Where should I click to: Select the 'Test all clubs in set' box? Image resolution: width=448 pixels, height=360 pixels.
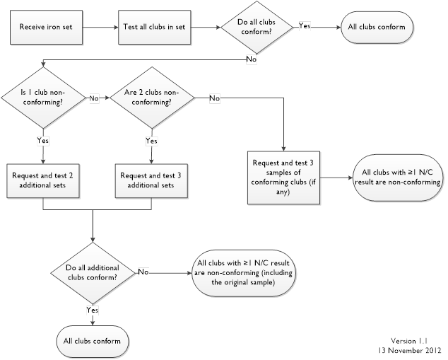pyautogui.click(x=152, y=28)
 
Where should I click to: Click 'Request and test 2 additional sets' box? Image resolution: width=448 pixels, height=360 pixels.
pyautogui.click(x=44, y=180)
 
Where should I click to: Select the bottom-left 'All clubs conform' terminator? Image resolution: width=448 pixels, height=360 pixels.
pyautogui.click(x=93, y=340)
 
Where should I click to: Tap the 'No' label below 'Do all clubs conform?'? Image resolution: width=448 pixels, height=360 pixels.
pyautogui.click(x=251, y=59)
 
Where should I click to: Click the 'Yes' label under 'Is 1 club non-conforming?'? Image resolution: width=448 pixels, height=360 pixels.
pyautogui.click(x=43, y=141)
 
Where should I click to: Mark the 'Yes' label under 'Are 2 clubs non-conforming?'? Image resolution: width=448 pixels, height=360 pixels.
pyautogui.click(x=151, y=141)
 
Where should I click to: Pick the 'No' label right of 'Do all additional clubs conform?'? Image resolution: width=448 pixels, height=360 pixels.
pyautogui.click(x=143, y=271)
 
